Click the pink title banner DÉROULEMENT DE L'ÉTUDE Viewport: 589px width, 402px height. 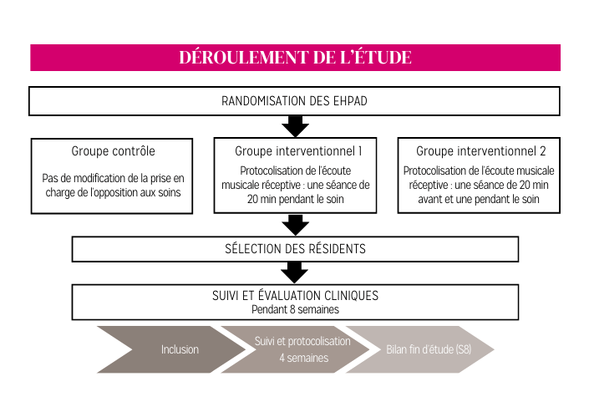pos(295,58)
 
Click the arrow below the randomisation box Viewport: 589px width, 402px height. pos(295,126)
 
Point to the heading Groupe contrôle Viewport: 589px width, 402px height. pos(113,151)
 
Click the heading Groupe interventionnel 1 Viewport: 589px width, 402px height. pos(298,151)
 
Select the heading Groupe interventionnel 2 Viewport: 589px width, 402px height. pos(481,151)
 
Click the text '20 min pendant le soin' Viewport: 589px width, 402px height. pos(295,199)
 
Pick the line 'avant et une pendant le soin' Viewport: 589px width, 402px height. pos(479,199)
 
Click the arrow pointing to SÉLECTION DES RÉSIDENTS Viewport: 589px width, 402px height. pos(295,225)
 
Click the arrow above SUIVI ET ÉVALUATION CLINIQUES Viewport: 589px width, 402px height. pos(294,272)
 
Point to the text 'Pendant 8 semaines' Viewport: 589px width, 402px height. pos(295,309)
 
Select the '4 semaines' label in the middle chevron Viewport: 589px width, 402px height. pos(303,358)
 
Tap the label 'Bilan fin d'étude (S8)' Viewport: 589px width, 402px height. pos(429,349)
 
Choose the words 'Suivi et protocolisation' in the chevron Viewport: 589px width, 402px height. pos(302,341)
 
